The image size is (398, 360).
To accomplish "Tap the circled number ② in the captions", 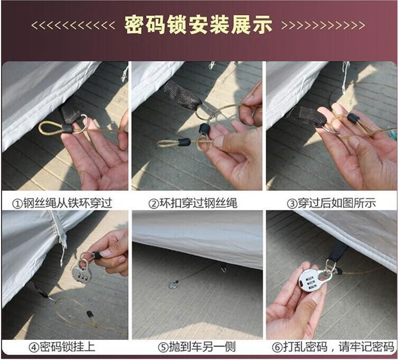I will point(154,202).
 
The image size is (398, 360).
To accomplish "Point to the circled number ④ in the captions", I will point(33,347).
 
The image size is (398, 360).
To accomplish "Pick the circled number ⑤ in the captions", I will point(162,347).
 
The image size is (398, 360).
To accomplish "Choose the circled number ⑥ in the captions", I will point(276,347).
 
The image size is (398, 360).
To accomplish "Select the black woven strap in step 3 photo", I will point(307,116).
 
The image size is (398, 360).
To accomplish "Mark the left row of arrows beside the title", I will point(72,25).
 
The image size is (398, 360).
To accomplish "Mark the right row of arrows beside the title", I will point(323,25).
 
